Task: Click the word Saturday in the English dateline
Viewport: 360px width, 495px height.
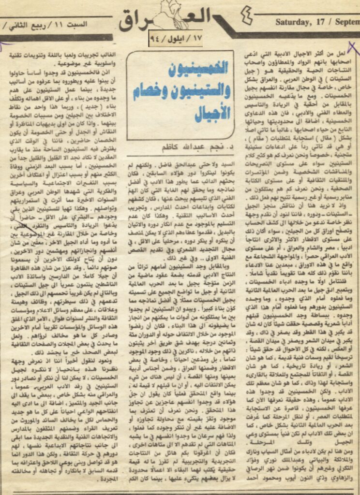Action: (x=293, y=22)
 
